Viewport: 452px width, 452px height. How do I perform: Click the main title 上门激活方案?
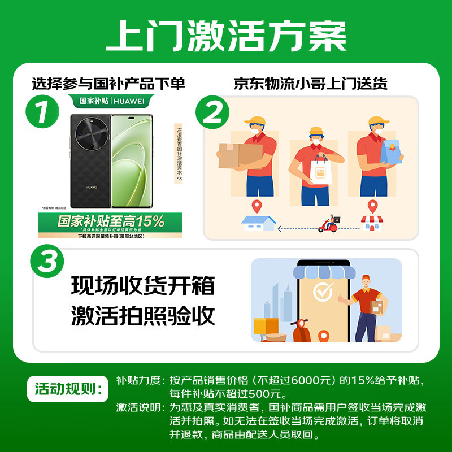point(226,37)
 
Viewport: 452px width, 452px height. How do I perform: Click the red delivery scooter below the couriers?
point(329,224)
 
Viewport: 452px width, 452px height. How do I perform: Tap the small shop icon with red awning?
point(371,223)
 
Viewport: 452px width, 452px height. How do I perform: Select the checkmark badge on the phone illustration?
point(324,292)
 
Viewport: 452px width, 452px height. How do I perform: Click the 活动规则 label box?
point(67,388)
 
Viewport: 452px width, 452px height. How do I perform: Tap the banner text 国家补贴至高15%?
point(111,220)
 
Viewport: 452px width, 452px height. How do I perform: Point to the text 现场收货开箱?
point(143,286)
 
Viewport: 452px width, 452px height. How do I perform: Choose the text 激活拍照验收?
point(143,316)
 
